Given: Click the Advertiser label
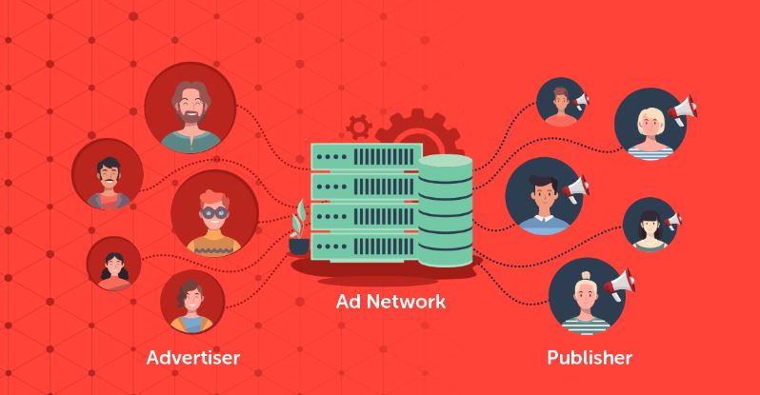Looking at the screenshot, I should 193,359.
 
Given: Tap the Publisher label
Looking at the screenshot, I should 590,359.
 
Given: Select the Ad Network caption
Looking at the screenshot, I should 390,304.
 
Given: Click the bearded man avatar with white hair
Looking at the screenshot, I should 190,111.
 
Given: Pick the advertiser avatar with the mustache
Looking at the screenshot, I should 108,175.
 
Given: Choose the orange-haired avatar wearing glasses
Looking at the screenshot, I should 214,214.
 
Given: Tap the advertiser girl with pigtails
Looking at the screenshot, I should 113,265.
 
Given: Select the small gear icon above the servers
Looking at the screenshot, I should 360,126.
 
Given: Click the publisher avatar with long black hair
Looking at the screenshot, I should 650,225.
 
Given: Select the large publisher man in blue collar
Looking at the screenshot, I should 541,195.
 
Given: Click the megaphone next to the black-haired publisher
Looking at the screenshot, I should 673,220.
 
